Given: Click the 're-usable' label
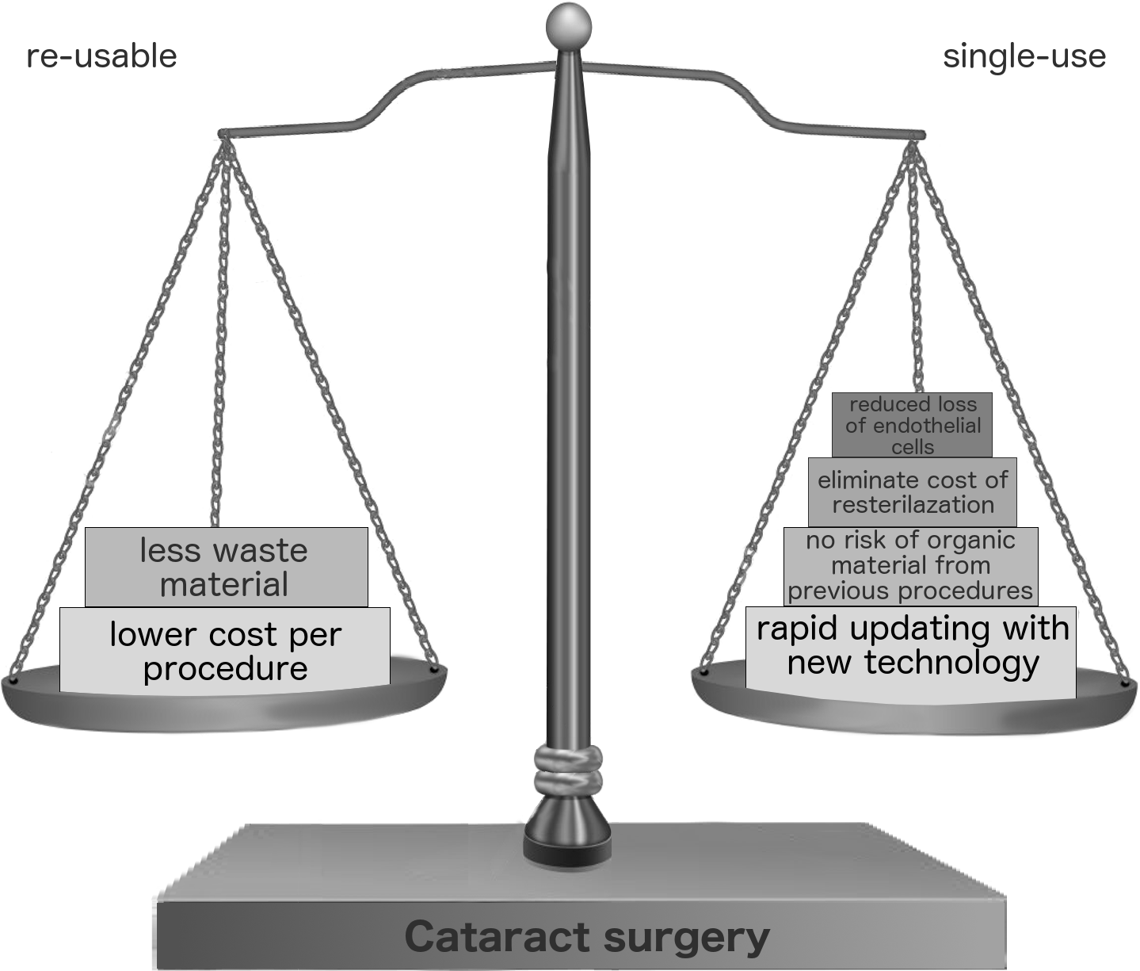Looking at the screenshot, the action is [101, 56].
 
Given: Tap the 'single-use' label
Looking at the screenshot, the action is [1024, 56].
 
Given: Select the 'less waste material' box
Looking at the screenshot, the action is [226, 567].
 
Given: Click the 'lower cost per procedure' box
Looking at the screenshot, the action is [225, 651].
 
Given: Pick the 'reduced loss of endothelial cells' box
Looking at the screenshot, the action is [912, 426].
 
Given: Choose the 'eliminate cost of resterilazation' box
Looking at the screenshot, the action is [912, 492].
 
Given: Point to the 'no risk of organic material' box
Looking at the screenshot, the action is [910, 565].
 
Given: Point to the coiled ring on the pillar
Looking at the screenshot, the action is [569, 770].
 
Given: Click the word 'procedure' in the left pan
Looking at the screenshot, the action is [226, 669].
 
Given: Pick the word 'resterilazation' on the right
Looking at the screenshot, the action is [913, 505].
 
